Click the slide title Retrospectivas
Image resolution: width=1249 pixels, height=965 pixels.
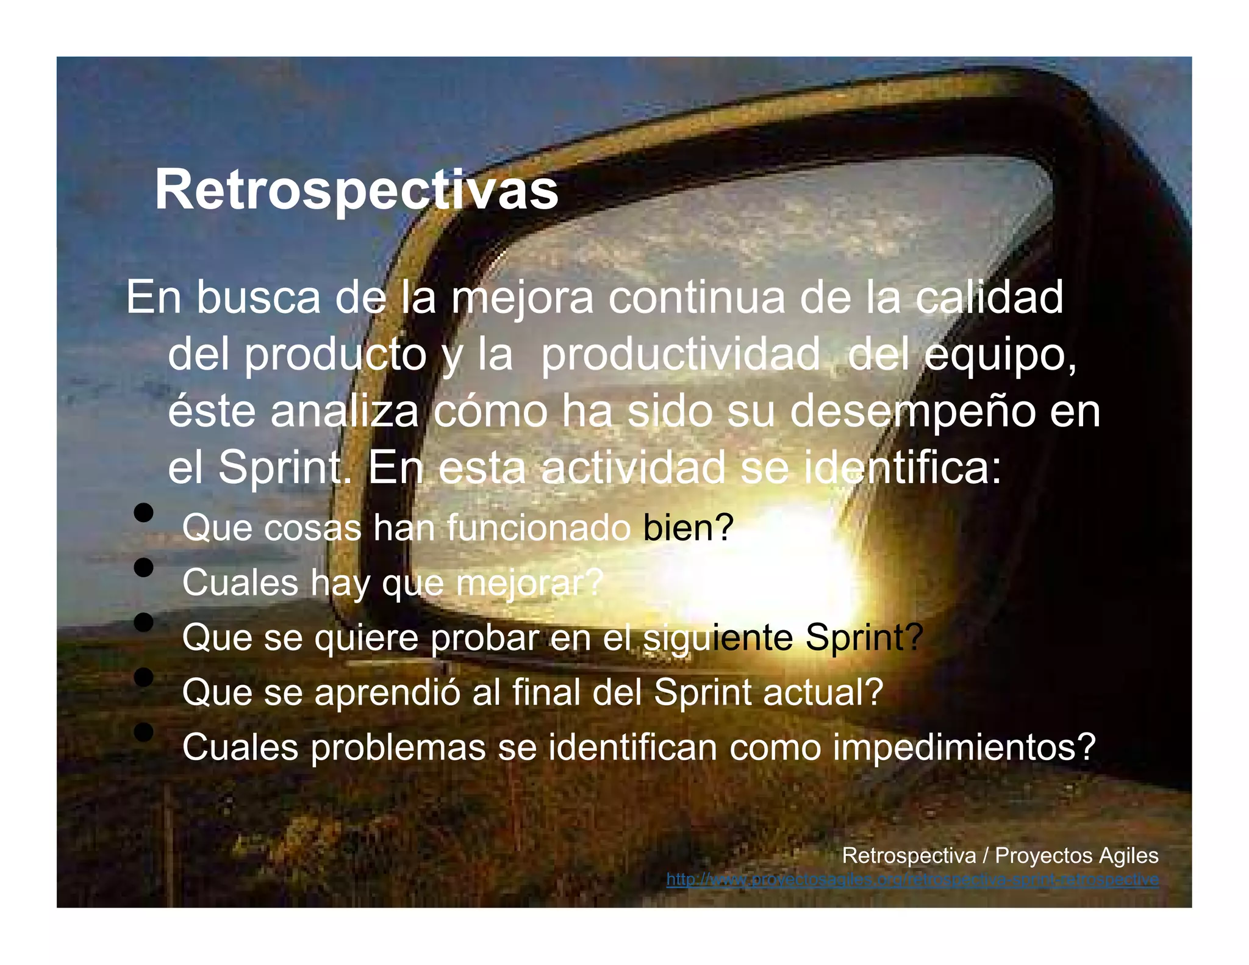pos(356,190)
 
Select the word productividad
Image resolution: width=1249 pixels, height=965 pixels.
pos(680,355)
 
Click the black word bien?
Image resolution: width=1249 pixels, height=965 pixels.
pos(688,528)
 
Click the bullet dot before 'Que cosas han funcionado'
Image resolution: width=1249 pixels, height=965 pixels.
pos(144,512)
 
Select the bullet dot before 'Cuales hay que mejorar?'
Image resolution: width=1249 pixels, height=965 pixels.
pos(144,567)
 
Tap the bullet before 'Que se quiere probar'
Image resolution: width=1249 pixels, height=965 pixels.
pos(144,622)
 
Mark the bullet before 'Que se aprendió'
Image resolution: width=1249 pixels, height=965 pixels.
pos(144,677)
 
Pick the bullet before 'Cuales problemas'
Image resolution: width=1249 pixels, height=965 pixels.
pos(144,731)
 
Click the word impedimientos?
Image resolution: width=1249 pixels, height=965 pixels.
pos(964,747)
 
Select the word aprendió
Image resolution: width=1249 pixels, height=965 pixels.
pos(387,693)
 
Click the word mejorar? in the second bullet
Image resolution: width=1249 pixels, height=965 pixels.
pos(529,583)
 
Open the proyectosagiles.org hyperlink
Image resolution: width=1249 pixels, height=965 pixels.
pos(912,880)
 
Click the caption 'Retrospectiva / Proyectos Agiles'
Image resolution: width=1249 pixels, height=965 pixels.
pos(1000,855)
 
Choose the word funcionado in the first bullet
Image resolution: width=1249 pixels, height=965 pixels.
pos(539,528)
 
